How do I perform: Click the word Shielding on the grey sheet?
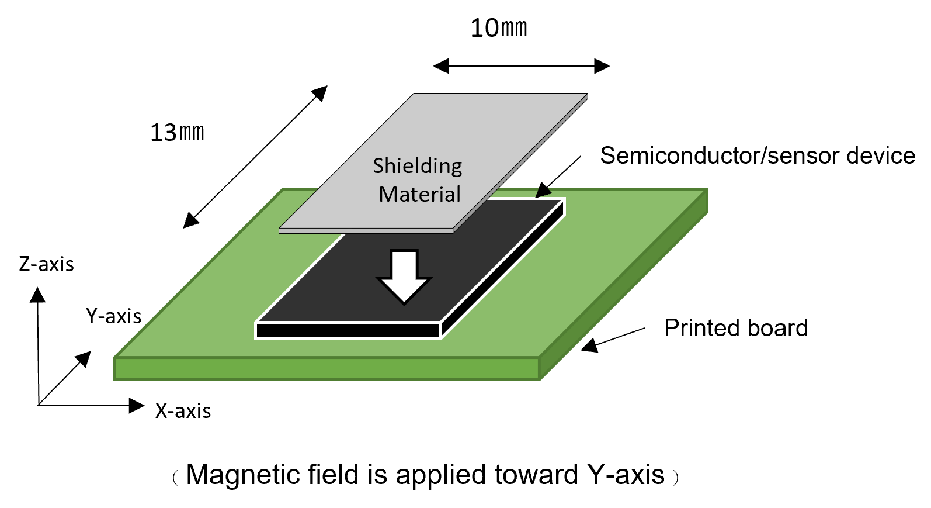tap(417, 167)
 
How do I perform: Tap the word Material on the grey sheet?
tap(419, 194)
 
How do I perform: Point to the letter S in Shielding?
tap(379, 166)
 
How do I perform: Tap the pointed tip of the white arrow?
tap(404, 303)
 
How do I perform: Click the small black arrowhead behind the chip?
tap(544, 192)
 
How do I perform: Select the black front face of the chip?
tap(348, 330)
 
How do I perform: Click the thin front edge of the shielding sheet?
tap(366, 231)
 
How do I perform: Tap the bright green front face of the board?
tap(327, 369)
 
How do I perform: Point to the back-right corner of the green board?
tap(707, 190)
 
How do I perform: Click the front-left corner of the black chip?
tap(257, 323)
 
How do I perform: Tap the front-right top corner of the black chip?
tap(441, 323)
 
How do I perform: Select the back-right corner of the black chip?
tap(564, 200)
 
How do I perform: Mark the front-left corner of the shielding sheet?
tap(280, 229)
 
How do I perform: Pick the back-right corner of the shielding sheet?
tap(586, 95)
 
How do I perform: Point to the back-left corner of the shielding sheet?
tap(415, 95)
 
